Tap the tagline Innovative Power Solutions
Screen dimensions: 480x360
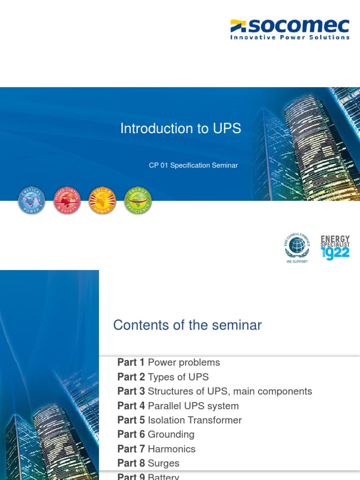point(290,37)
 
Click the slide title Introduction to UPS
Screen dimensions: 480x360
point(180,128)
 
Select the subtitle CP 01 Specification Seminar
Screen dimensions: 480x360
point(193,165)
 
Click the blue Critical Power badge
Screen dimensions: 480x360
point(31,201)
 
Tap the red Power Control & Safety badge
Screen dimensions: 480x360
point(67,201)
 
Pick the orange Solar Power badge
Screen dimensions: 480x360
point(103,201)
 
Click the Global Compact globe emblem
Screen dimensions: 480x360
point(296,247)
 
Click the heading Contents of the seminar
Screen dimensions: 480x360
point(187,325)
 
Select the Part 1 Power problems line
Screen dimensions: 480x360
point(168,362)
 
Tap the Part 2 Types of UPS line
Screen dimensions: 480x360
point(163,377)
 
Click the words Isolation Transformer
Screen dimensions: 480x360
point(195,420)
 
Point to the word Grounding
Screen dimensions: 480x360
point(171,435)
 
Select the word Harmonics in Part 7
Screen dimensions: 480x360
point(172,449)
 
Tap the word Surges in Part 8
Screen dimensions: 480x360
point(164,464)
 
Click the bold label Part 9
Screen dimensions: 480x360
point(131,477)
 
